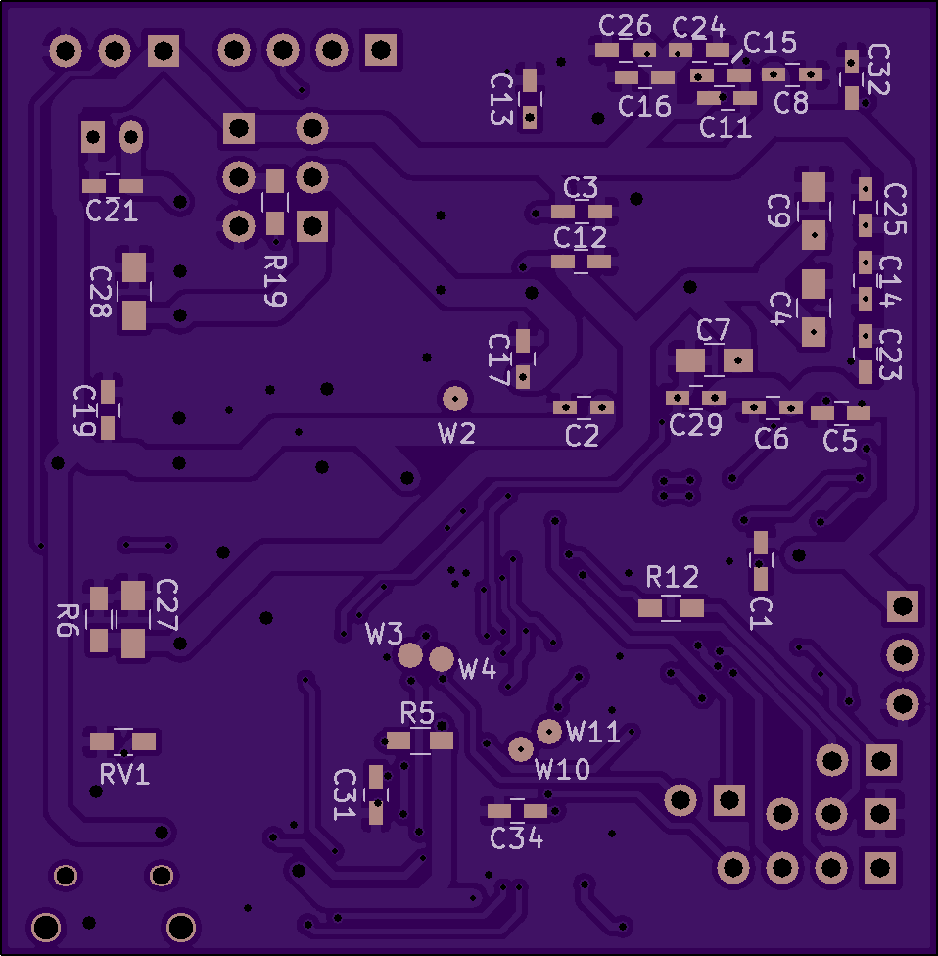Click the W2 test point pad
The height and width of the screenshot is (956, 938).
(454, 398)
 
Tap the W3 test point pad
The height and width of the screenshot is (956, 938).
(411, 655)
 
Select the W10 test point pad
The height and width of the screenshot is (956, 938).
(520, 749)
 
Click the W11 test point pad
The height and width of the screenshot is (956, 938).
(549, 730)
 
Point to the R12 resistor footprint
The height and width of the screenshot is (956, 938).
(671, 608)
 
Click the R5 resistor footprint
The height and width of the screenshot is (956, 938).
(420, 741)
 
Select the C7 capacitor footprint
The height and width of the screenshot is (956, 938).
(714, 360)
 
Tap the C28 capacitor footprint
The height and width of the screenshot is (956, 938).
(134, 291)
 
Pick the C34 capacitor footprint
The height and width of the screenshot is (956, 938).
(517, 810)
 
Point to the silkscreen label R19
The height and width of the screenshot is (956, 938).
(275, 282)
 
